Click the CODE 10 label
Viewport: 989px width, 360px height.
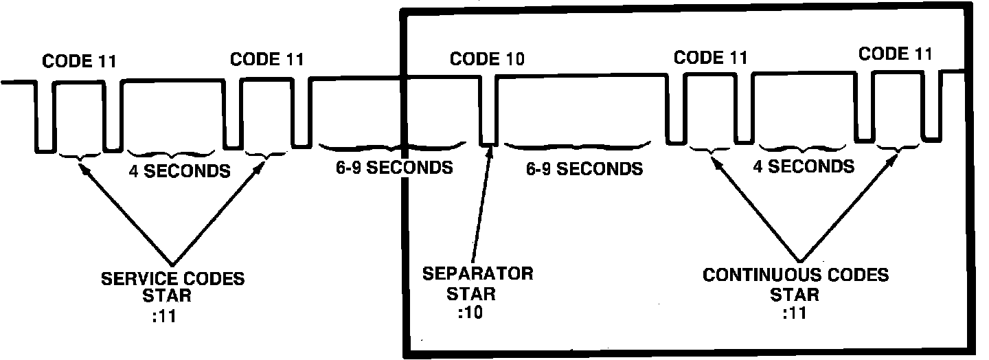tap(487, 58)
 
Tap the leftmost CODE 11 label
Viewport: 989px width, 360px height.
tap(79, 60)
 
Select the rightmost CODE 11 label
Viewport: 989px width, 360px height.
tap(896, 54)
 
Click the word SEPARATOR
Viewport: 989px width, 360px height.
tap(477, 273)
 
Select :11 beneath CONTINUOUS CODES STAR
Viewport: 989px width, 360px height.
tap(795, 313)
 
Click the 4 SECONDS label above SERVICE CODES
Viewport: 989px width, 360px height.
tap(179, 170)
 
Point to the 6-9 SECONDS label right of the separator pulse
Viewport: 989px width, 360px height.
tap(584, 168)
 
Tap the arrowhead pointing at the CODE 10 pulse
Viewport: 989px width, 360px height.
tap(490, 151)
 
